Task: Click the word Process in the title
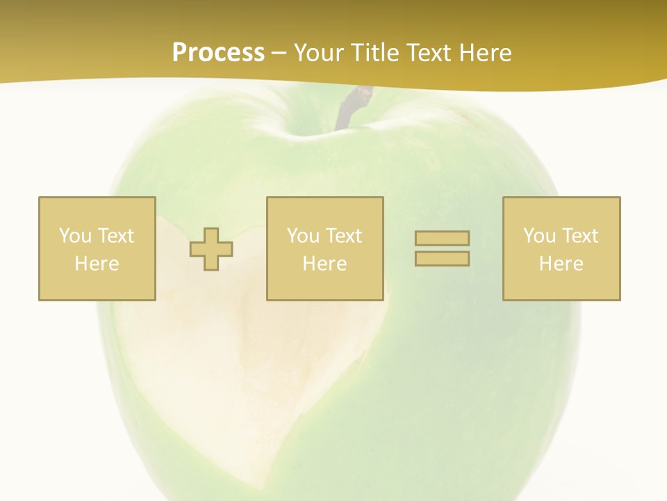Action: click(218, 53)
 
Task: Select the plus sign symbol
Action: click(211, 249)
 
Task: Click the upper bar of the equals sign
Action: click(442, 239)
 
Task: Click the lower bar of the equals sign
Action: click(442, 259)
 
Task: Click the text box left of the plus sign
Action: click(97, 248)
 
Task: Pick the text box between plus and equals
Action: click(324, 248)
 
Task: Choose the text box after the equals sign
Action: click(561, 248)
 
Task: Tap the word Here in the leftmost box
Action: click(97, 264)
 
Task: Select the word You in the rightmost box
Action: click(539, 236)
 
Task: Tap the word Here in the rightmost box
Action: click(561, 264)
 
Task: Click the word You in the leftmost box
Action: click(75, 236)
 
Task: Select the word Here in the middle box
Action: click(324, 264)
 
